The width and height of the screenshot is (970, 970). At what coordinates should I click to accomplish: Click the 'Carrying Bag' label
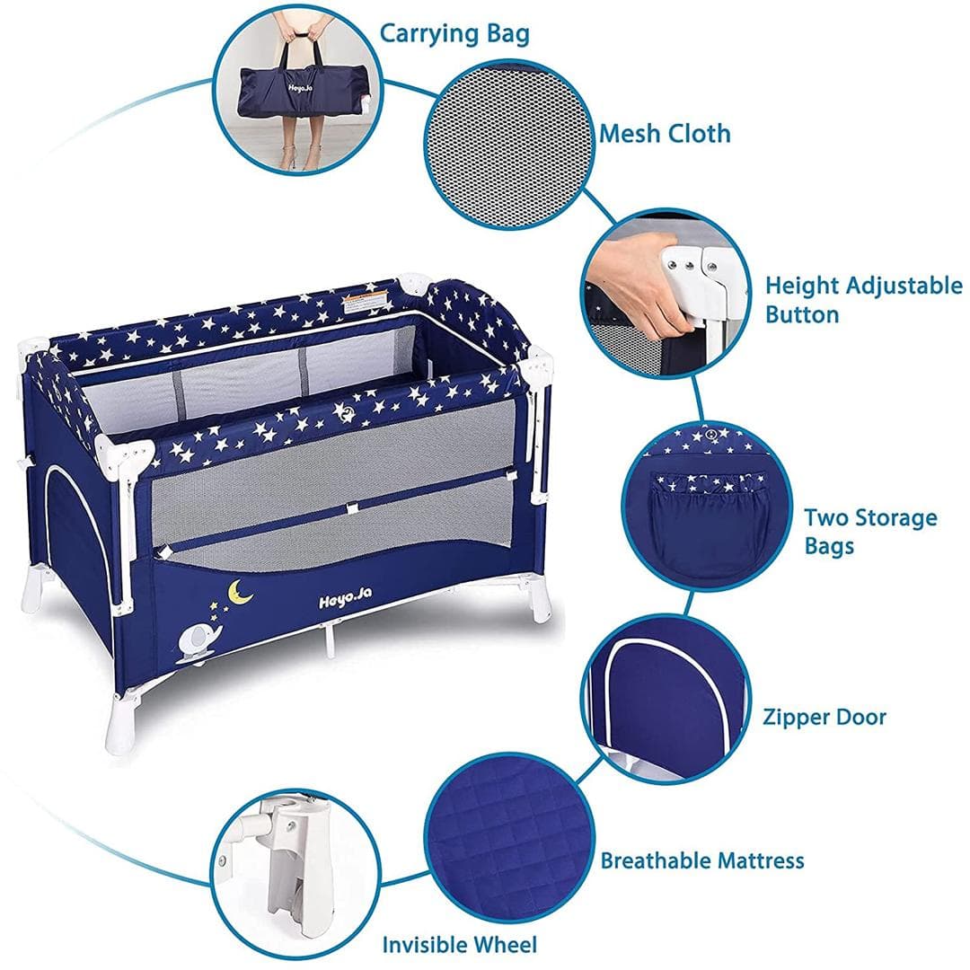click(x=454, y=33)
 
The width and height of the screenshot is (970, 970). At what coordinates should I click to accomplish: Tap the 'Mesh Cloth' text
click(x=665, y=134)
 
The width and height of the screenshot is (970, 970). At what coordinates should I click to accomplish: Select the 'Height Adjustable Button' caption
click(x=864, y=300)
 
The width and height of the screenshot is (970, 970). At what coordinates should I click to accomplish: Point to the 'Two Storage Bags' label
click(x=870, y=532)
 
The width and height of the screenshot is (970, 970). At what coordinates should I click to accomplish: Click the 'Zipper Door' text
click(x=824, y=717)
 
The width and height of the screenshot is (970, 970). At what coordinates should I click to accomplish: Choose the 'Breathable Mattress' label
click(x=702, y=860)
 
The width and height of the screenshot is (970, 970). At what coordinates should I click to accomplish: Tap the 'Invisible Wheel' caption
click(x=460, y=945)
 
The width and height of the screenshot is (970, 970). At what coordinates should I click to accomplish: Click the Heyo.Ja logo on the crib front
click(x=345, y=598)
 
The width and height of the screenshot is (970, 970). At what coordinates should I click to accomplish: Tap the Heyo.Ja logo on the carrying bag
click(x=299, y=88)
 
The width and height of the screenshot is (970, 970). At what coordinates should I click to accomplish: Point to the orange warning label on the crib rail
click(x=365, y=303)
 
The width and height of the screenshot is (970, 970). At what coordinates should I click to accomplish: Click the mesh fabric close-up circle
click(x=508, y=145)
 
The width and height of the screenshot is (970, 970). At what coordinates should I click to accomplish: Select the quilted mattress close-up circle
click(x=510, y=838)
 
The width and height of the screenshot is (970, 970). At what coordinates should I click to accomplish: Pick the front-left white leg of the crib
click(x=120, y=720)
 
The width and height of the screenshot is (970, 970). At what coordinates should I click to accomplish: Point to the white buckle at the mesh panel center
click(x=352, y=507)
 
